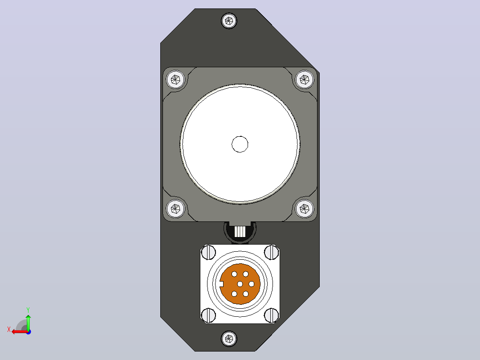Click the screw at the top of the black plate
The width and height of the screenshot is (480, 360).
229,21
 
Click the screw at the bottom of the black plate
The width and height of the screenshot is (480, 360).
229,339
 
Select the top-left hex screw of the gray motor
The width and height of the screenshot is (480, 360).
175,80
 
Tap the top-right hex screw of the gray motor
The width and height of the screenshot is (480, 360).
305,80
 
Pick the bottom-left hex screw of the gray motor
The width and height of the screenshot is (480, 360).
175,209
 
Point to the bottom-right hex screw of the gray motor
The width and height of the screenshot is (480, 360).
305,209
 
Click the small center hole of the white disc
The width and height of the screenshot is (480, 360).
240,144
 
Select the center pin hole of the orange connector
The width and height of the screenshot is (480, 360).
240,284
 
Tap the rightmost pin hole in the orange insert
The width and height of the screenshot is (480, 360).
251,284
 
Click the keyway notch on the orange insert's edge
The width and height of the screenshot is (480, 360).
222,284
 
